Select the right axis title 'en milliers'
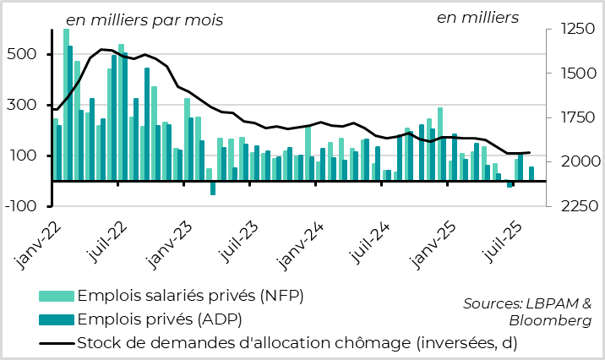(477, 18)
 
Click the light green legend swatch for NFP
(56, 297)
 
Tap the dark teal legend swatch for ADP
(56, 319)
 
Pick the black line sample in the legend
(56, 343)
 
